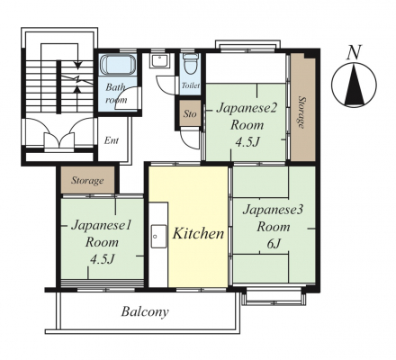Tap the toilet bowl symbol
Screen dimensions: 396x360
tap(190, 64)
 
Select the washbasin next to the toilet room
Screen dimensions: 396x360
tap(160, 61)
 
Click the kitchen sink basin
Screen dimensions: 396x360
tap(158, 236)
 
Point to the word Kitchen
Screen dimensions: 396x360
tap(198, 233)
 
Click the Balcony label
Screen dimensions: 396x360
tap(145, 311)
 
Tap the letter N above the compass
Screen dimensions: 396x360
tap(355, 52)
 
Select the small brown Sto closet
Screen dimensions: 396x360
tap(190, 113)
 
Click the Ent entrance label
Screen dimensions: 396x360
tap(112, 140)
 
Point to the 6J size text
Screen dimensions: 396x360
tap(274, 244)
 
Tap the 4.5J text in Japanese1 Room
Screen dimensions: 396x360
tap(103, 259)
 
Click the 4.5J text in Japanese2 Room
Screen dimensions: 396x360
tap(247, 142)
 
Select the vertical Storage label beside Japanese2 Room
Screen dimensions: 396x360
tap(301, 112)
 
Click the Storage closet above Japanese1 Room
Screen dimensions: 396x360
tap(87, 180)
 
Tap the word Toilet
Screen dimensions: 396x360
tap(191, 85)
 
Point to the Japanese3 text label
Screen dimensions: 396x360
tap(273, 210)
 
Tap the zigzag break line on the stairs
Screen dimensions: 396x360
tap(76, 80)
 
